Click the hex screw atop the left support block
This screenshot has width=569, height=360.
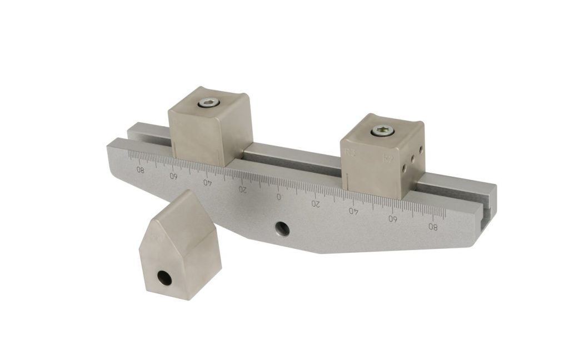[209, 102]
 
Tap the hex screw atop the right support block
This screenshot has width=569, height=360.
[383, 131]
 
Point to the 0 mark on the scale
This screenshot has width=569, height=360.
[279, 197]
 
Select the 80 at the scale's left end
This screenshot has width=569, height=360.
[141, 170]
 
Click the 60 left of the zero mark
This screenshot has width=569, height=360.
[173, 176]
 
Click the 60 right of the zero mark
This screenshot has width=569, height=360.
[393, 218]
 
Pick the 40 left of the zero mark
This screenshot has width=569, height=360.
[207, 182]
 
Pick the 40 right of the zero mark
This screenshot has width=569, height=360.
[353, 211]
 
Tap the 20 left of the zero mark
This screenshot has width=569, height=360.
[242, 189]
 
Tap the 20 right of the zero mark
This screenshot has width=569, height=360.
[315, 204]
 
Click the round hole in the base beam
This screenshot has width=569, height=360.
[282, 228]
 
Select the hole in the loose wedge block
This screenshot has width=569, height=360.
[165, 278]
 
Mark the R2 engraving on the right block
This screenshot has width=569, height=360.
[388, 158]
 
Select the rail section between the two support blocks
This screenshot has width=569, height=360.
[292, 156]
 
